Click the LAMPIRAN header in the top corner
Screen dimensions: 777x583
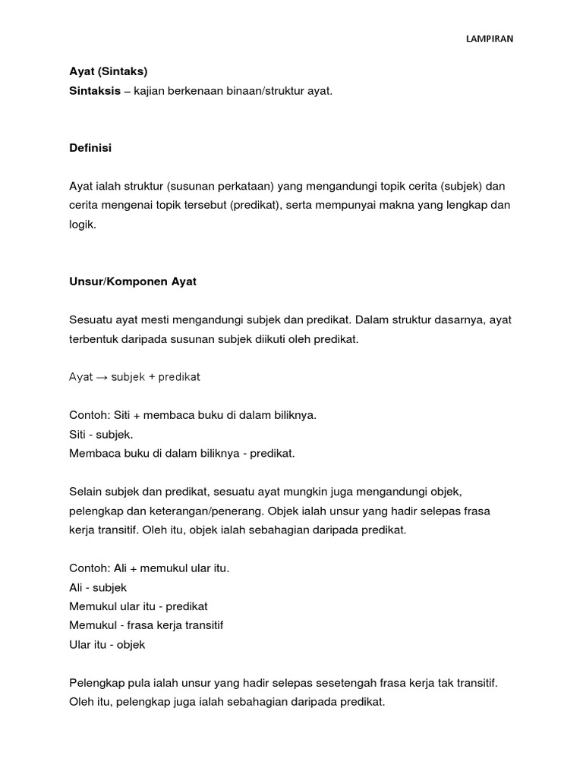coord(489,39)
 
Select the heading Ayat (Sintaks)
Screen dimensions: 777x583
coord(109,72)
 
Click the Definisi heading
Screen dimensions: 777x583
coord(90,148)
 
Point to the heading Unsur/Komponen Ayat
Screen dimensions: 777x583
coord(133,282)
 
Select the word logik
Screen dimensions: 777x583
coord(83,225)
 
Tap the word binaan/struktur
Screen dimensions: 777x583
coord(262,91)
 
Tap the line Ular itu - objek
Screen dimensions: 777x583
coord(107,645)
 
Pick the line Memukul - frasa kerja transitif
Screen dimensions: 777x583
coord(146,626)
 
